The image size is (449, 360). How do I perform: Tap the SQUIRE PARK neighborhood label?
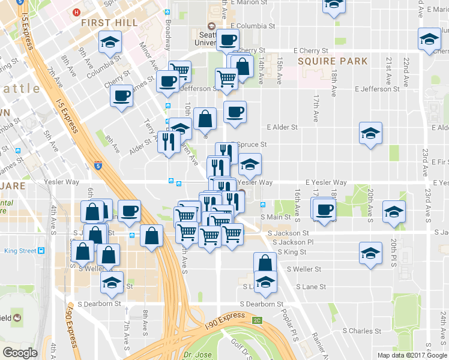pyautogui.click(x=327, y=61)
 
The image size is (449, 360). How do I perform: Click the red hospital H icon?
pyautogui.click(x=76, y=12)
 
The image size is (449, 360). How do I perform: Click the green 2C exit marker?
pyautogui.click(x=257, y=320)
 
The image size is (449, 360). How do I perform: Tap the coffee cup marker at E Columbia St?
pyautogui.click(x=228, y=40)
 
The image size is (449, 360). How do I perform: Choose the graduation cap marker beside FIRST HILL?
pyautogui.click(x=110, y=42)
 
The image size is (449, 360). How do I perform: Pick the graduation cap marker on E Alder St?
pyautogui.click(x=371, y=133)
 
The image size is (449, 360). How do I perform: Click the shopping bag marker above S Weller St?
pyautogui.click(x=265, y=262)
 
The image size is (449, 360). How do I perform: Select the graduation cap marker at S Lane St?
pyautogui.click(x=265, y=283)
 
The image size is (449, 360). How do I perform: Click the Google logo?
pyautogui.click(x=20, y=352)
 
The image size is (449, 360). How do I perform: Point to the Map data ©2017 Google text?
pyautogui.click(x=411, y=355)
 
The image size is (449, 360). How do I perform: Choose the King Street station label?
pyautogui.click(x=20, y=251)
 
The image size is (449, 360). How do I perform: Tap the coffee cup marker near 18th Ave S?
pyautogui.click(x=325, y=210)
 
